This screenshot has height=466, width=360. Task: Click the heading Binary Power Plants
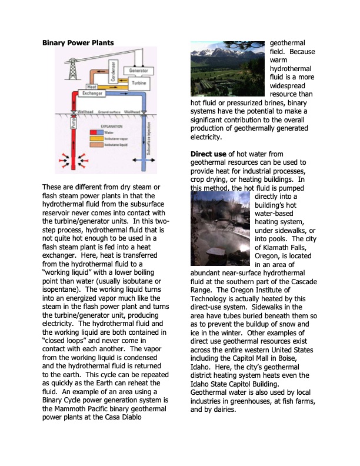point(78,42)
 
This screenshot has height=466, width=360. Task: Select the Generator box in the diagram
point(139,71)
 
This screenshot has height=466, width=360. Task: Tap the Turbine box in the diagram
point(139,84)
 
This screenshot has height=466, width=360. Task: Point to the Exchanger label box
point(92,93)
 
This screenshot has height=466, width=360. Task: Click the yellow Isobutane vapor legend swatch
point(94,138)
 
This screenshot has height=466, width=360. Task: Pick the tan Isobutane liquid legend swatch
point(94,144)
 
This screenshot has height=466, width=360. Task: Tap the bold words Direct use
point(208,154)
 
